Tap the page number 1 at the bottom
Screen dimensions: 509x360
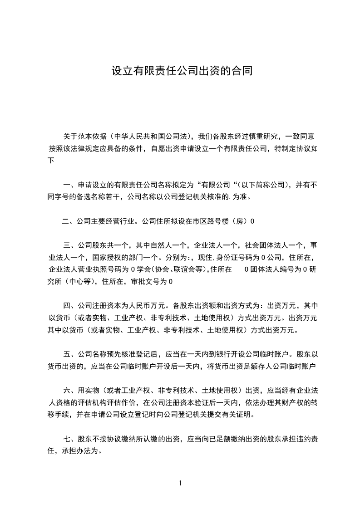pyautogui.click(x=180, y=483)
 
